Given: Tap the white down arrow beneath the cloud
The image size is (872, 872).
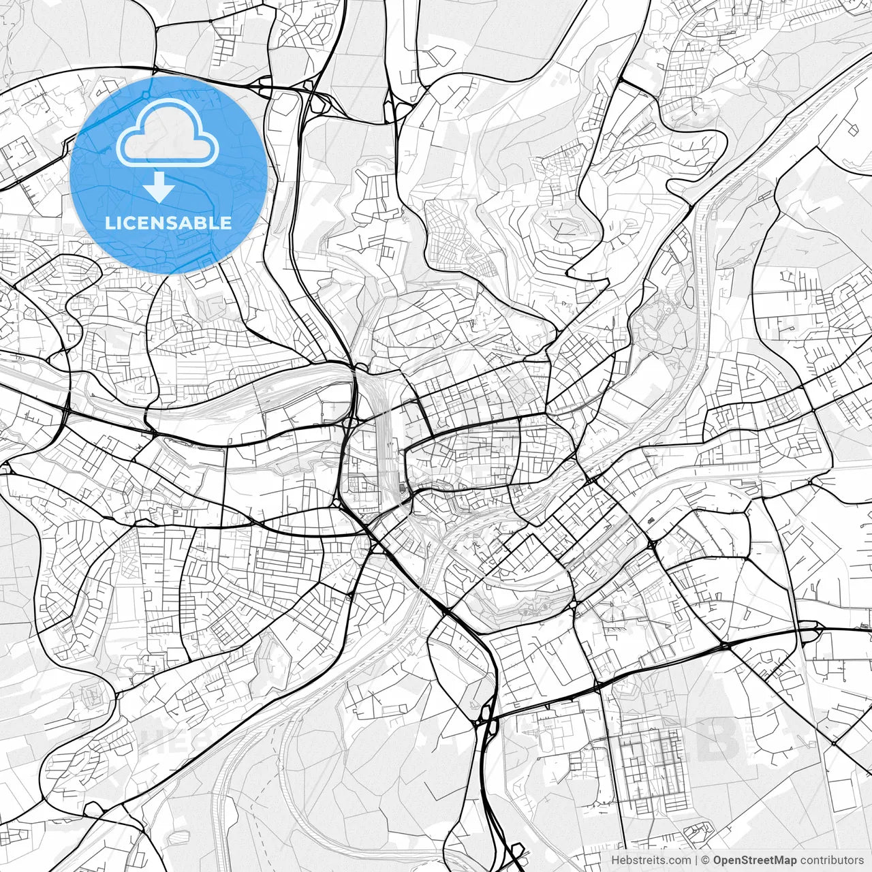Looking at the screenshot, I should pyautogui.click(x=159, y=187).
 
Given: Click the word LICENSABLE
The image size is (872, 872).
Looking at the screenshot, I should pyautogui.click(x=168, y=223).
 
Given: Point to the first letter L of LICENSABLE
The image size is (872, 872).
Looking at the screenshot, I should pyautogui.click(x=110, y=223).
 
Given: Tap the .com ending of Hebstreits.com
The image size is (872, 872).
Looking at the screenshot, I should pyautogui.click(x=679, y=860).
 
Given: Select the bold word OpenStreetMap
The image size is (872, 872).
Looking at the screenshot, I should pyautogui.click(x=755, y=860).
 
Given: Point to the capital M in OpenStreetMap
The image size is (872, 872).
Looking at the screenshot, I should pyautogui.click(x=779, y=860).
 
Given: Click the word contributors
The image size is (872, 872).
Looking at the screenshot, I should pyautogui.click(x=831, y=860).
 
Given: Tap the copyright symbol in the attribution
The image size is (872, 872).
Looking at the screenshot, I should pyautogui.click(x=706, y=860).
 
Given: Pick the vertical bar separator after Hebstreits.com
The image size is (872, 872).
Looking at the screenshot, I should pyautogui.click(x=696, y=860).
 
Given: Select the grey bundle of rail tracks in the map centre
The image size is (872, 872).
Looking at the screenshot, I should pyautogui.click(x=383, y=436).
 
